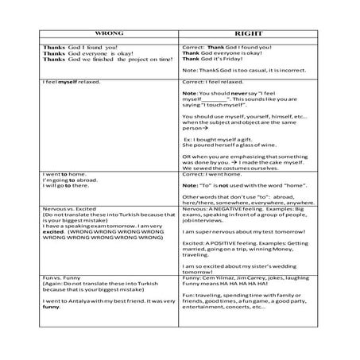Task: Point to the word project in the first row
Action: [x=128, y=60]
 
